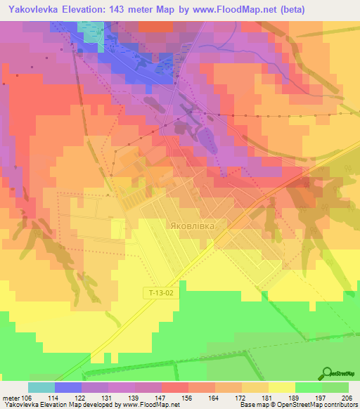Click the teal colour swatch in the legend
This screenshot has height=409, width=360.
click(x=41, y=387)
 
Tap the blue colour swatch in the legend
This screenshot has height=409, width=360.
click(x=67, y=387)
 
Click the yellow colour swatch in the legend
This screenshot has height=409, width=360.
click(x=282, y=387)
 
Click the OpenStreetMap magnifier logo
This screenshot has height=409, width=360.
click(x=327, y=375)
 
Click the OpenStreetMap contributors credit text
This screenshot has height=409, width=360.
click(x=320, y=404)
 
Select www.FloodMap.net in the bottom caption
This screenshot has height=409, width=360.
click(x=150, y=404)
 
